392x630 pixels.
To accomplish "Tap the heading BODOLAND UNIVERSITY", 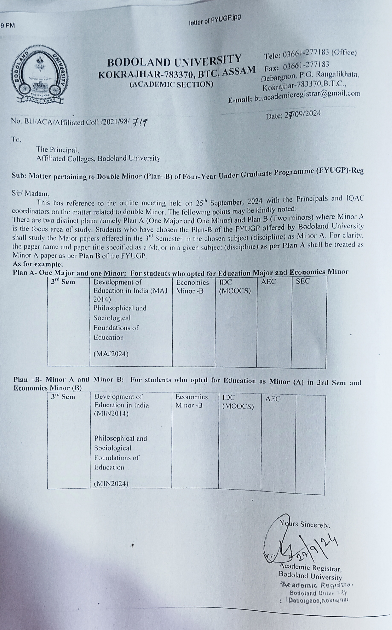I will (x=175, y=61).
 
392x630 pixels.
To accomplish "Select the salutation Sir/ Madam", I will (x=30, y=194).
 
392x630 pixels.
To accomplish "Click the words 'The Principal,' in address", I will (x=58, y=150).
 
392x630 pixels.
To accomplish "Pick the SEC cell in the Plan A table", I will (x=303, y=281).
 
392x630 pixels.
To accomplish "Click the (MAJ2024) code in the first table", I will (x=111, y=354).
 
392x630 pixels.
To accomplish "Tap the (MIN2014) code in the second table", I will (x=111, y=413).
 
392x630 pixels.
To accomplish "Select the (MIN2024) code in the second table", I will (x=111, y=484).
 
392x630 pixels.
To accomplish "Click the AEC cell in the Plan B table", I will (x=273, y=399).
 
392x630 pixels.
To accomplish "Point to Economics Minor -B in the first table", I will (x=192, y=286).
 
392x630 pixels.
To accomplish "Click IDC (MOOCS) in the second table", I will (x=238, y=402).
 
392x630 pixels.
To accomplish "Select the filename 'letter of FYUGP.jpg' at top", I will (x=215, y=20).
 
